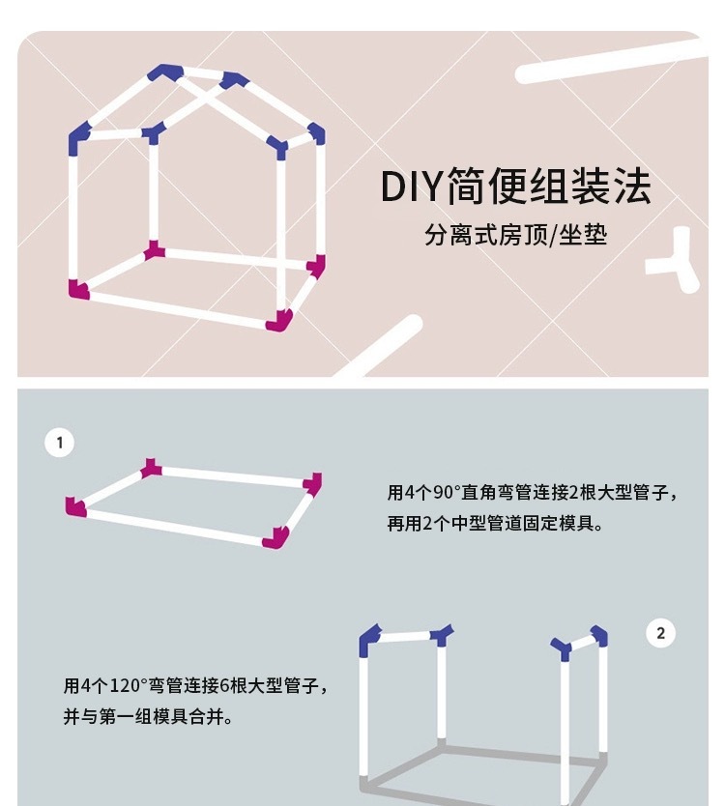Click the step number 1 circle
[59, 443]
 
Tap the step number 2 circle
[660, 634]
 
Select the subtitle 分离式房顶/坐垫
[515, 234]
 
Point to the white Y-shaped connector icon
[678, 263]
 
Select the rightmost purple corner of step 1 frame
[312, 482]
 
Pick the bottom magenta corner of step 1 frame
[277, 537]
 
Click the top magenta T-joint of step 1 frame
[151, 469]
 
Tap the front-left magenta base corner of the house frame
[77, 288]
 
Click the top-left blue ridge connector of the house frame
[165, 72]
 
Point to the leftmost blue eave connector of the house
[78, 140]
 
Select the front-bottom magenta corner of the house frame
[279, 319]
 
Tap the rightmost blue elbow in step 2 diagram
[599, 636]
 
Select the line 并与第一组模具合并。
[147, 718]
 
